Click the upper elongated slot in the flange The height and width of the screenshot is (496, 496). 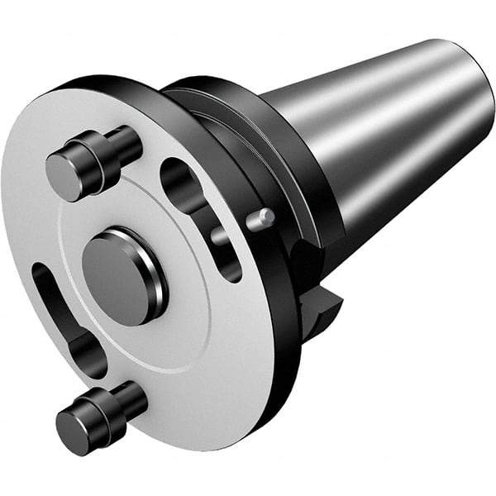[x=198, y=217]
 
